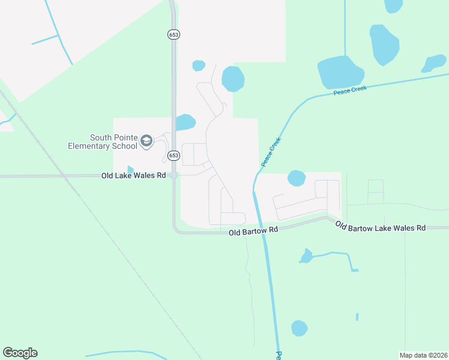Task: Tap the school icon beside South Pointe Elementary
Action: (x=146, y=142)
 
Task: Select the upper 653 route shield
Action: (x=173, y=35)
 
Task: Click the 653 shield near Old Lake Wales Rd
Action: (x=173, y=155)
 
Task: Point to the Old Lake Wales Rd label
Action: (x=133, y=175)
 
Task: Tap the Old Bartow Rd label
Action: (x=254, y=230)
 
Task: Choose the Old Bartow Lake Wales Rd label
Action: (x=380, y=227)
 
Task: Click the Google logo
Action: (x=20, y=353)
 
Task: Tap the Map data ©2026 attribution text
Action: (x=423, y=355)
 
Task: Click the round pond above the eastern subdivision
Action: (x=297, y=178)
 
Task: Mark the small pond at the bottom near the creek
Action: (x=299, y=328)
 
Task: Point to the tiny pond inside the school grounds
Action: (x=130, y=170)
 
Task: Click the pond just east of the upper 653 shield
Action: (x=233, y=79)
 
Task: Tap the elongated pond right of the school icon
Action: (x=185, y=123)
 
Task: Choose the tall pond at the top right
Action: (x=384, y=44)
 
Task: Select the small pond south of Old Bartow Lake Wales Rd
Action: (x=306, y=257)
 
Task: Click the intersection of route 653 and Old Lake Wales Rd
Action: (x=173, y=176)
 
